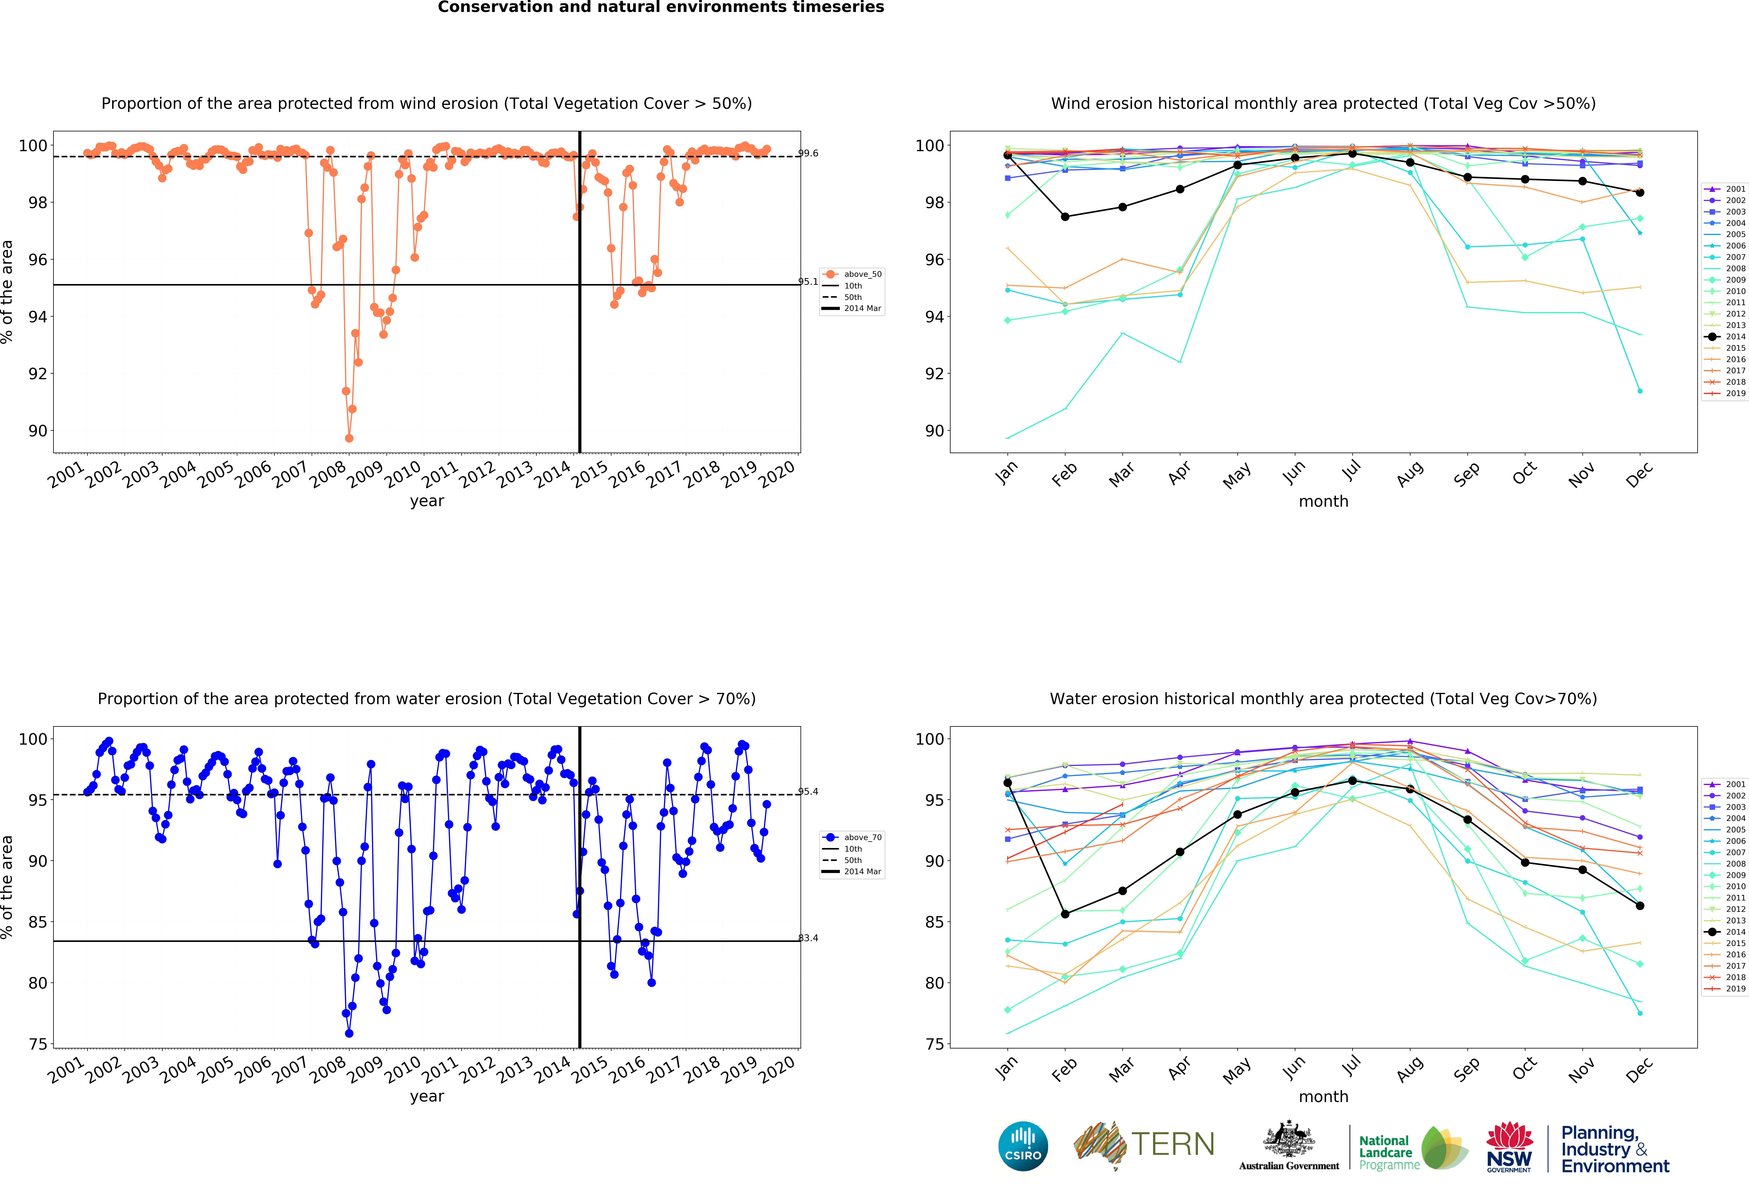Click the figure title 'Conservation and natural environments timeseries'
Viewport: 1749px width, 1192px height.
click(661, 7)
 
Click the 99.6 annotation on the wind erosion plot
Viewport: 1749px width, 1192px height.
click(808, 154)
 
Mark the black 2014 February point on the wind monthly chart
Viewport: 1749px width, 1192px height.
click(1065, 217)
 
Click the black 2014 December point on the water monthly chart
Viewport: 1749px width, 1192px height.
click(1640, 906)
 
